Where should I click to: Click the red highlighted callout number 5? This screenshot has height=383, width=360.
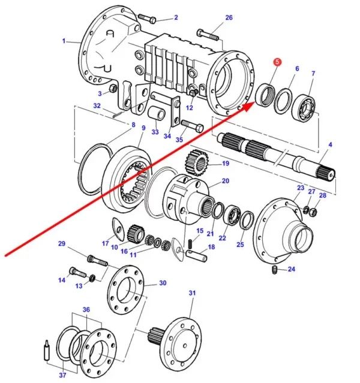277,62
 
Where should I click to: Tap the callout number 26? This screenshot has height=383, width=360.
229,18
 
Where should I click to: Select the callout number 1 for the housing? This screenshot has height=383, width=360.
64,41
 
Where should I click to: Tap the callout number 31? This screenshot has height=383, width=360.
193,293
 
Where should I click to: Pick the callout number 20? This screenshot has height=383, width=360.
225,180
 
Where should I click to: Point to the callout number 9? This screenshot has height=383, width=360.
143,128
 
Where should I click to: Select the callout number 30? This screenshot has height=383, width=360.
163,282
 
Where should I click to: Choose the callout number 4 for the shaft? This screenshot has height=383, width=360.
329,144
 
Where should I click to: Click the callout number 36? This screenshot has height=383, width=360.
86,309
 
